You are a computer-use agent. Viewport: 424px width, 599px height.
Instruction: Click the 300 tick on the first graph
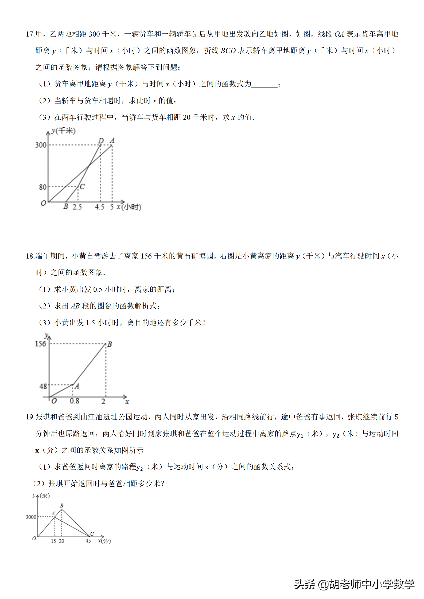coord(41,145)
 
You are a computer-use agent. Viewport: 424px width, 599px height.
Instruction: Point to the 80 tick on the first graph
coord(42,187)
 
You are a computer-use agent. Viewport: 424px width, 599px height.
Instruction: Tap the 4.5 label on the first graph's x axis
coord(99,207)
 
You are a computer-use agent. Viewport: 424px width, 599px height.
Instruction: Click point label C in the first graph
coord(82,187)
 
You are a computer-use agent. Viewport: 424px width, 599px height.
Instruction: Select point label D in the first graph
coord(101,140)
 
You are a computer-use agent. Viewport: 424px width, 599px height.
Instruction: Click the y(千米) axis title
coord(64,131)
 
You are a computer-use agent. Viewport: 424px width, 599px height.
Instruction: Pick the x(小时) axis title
coord(129,207)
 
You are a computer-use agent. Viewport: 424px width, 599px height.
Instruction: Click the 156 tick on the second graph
coord(40,344)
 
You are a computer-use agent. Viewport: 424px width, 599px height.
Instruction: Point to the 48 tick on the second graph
coord(43,386)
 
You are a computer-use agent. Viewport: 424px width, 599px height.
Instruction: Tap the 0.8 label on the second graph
coord(74,401)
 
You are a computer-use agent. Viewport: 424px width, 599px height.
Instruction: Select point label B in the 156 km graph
coord(110,344)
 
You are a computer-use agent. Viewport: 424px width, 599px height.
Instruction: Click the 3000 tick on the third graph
coord(31,517)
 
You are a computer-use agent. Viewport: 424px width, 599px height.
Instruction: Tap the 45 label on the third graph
coord(88,541)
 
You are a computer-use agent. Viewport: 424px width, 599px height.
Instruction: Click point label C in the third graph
coord(92,534)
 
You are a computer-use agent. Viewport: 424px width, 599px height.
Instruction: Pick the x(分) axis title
coord(104,541)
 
